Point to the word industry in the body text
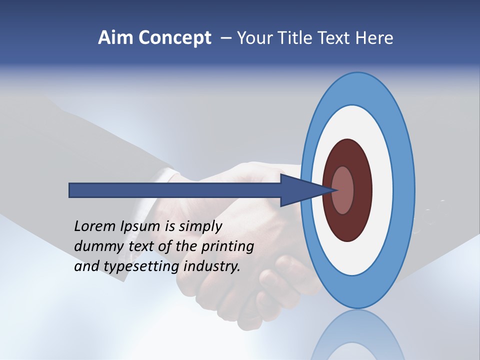pos(212,266)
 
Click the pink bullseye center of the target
pos(343,190)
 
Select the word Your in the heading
pos(253,38)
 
